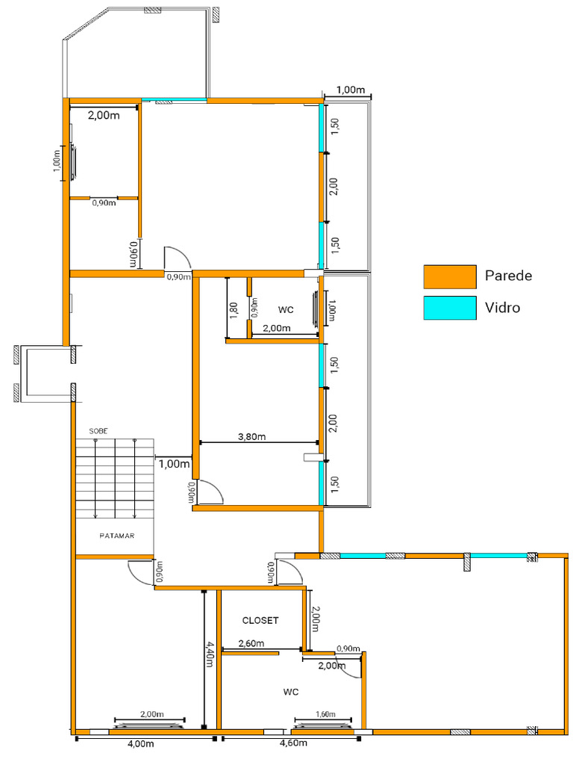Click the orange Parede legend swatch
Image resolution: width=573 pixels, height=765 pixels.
[450, 276]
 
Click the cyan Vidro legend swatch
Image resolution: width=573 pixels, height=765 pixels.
[450, 308]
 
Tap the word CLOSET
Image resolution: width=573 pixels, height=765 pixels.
[260, 620]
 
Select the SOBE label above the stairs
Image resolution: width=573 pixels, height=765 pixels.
[98, 431]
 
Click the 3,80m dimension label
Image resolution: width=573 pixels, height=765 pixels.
[251, 437]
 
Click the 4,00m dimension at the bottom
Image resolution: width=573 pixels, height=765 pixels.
[140, 743]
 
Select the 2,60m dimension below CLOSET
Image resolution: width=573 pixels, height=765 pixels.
[251, 643]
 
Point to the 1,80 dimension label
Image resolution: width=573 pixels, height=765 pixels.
[234, 309]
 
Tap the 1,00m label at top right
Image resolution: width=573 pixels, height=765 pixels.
[351, 90]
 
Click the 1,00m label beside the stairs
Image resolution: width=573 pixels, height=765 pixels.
[175, 463]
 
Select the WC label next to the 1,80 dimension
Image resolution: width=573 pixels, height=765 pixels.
[286, 309]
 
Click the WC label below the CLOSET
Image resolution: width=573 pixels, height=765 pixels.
[291, 692]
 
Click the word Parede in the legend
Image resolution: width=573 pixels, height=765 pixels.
[508, 276]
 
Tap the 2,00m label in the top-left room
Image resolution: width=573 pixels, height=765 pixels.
[103, 116]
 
